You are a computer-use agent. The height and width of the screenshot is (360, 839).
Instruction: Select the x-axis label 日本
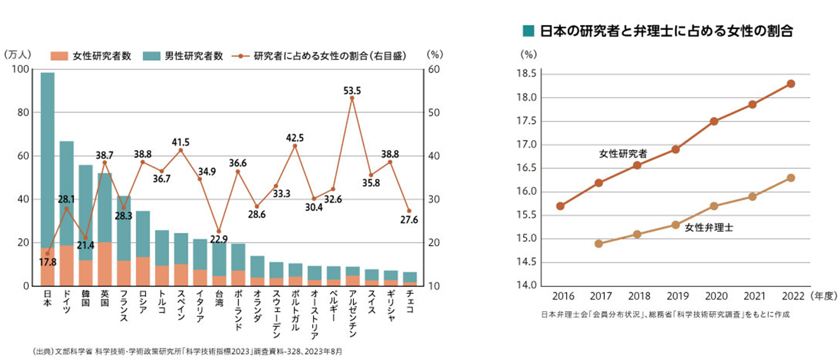pos(48,297)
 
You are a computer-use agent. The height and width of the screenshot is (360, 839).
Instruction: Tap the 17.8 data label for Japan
pos(48,262)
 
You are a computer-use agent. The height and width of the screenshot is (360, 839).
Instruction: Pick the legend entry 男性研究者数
pos(193,56)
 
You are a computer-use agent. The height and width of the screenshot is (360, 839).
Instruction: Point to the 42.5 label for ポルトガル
pos(295,138)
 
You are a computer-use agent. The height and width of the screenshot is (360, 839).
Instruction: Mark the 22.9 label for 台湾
pos(219,239)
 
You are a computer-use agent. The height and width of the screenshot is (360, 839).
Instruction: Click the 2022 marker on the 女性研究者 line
pos(791,84)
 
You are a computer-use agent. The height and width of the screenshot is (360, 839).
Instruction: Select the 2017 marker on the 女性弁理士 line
pos(599,243)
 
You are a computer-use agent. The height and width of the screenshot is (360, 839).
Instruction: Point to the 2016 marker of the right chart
pos(560,206)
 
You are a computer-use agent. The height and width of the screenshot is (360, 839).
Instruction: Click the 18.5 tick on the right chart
pos(527,74)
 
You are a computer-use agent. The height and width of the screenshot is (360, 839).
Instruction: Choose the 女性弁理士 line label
pos(709,227)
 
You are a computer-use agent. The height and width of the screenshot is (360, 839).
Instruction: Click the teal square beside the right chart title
pos(528,30)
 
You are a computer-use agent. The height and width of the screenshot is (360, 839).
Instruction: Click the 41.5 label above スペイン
pos(180,143)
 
